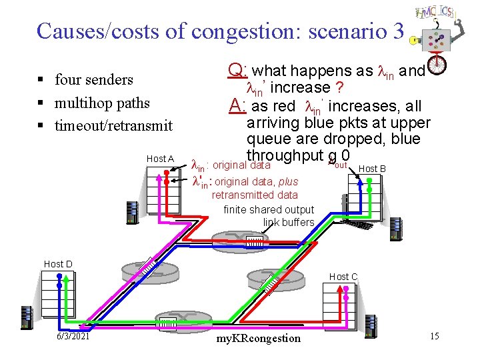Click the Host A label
click(x=160, y=159)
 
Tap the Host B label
click(x=372, y=169)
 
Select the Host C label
click(x=343, y=277)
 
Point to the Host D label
click(x=58, y=264)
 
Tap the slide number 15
click(x=434, y=335)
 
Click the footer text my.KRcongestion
click(x=259, y=338)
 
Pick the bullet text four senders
click(x=94, y=80)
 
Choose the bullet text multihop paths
click(x=102, y=103)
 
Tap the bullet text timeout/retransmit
click(x=113, y=125)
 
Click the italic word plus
click(x=288, y=181)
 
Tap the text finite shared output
click(x=269, y=209)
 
